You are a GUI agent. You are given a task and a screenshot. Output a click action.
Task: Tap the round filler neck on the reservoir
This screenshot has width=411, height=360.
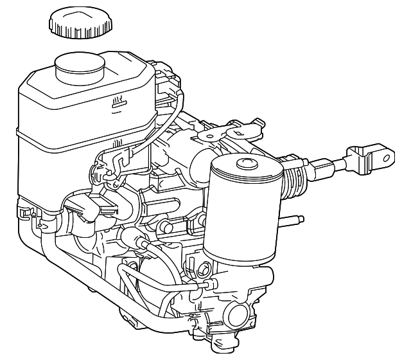click(x=79, y=67)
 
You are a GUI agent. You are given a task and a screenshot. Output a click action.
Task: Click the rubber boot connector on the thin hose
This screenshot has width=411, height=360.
click(x=136, y=242)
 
